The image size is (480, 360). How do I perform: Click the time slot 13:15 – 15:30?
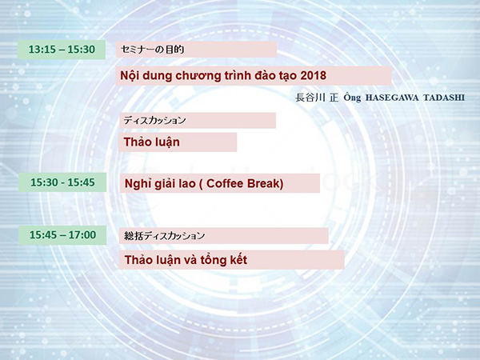pos(62,50)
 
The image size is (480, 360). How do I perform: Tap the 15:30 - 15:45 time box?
pos(62,182)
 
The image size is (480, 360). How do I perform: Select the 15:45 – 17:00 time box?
pos(62,235)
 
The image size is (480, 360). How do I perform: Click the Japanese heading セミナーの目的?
pos(153,50)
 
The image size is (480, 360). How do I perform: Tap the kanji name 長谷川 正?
pos(317,98)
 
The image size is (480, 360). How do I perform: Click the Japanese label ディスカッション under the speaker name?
pos(154,120)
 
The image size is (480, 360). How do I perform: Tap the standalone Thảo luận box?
pos(178,142)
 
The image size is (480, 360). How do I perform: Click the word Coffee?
pos(225,183)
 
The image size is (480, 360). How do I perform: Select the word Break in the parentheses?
pos(263,183)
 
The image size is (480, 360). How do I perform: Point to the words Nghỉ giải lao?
pos(160,184)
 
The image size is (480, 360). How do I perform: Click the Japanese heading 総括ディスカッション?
pos(164,235)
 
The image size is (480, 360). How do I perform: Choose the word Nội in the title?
pos(130,75)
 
